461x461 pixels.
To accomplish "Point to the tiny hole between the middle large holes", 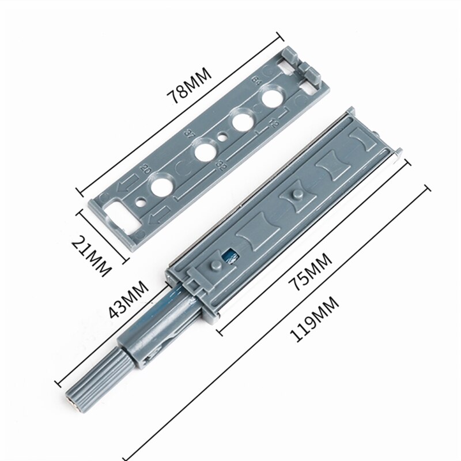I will [223, 137].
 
